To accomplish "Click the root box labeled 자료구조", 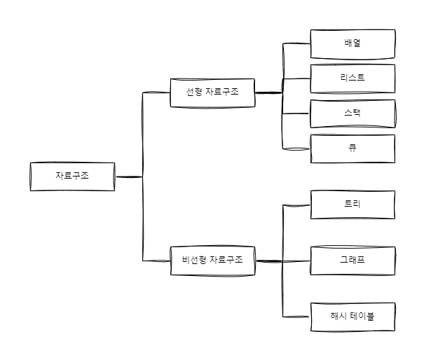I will pyautogui.click(x=72, y=176).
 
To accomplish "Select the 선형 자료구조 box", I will pyautogui.click(x=212, y=92).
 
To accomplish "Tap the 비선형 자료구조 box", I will pyautogui.click(x=212, y=261).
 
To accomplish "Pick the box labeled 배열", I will pyautogui.click(x=353, y=44).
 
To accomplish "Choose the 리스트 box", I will pyautogui.click(x=353, y=78).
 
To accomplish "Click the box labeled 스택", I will pyautogui.click(x=353, y=113).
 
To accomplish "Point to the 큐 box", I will pyautogui.click(x=353, y=148).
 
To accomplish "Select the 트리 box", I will pyautogui.click(x=353, y=205).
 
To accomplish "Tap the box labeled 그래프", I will pyautogui.click(x=353, y=261).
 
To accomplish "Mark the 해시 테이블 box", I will pyautogui.click(x=353, y=317).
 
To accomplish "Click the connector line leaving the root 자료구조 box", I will pyautogui.click(x=128, y=176).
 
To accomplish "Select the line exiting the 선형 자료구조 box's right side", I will pyautogui.click(x=268, y=92).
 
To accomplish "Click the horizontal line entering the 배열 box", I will pyautogui.click(x=296, y=44).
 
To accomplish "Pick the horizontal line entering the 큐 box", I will pyautogui.click(x=296, y=148).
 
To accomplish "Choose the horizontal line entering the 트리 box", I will pyautogui.click(x=296, y=205).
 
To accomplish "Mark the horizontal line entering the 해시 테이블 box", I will pyautogui.click(x=296, y=317).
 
